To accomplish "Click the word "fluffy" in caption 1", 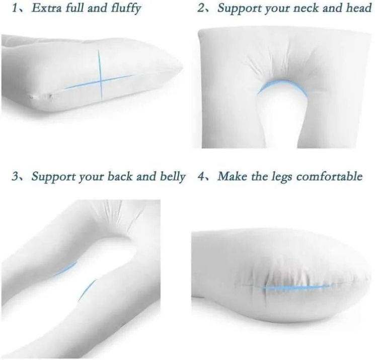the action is (126, 9).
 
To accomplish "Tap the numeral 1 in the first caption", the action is (15, 8).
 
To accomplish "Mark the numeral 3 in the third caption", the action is (15, 176).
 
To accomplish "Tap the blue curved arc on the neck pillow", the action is (282, 84).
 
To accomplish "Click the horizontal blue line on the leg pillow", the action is (297, 287).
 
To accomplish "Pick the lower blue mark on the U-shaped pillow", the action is (87, 290).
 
